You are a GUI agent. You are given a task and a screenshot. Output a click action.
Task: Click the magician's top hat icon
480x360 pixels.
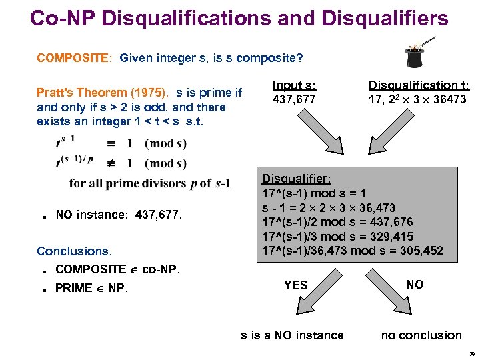point(414,57)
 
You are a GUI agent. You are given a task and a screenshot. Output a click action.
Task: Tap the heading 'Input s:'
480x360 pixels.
point(295,86)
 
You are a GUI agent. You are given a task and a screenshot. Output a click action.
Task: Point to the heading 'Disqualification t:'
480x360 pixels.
point(419,86)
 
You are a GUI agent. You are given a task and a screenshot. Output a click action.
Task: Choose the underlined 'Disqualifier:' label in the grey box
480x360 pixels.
point(296,179)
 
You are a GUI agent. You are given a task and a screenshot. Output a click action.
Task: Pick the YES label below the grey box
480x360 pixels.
point(295,285)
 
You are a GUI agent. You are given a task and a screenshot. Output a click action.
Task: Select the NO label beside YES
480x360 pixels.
point(415,285)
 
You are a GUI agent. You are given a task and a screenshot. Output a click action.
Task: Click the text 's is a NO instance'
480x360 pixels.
point(292,335)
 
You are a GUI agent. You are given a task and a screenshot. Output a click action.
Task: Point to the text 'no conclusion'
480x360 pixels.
point(421,335)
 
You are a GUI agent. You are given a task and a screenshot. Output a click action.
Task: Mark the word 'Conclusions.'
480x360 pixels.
point(75,251)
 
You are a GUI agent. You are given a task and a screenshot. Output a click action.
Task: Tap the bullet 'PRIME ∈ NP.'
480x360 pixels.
point(92,288)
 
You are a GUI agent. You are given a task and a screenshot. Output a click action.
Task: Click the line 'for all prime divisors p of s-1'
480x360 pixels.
point(150,183)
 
